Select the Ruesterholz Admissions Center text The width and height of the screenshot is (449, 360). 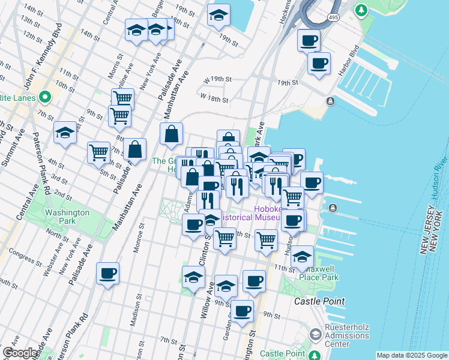[337, 335]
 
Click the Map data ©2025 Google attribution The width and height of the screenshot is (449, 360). [412, 355]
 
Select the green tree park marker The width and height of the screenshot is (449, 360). [360, 10]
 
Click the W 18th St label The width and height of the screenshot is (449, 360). [215, 97]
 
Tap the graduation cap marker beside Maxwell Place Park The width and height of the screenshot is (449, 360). [303, 256]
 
